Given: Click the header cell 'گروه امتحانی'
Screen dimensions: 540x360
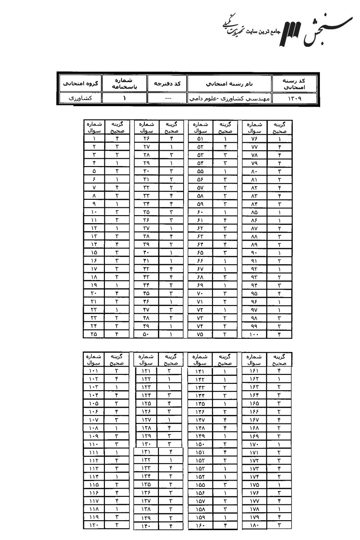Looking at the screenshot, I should (x=80, y=83).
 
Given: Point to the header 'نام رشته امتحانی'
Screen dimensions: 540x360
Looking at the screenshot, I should (x=229, y=83).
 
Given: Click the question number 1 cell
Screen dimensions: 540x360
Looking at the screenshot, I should (x=94, y=139).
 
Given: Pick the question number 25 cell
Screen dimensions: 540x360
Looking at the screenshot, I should (x=94, y=334).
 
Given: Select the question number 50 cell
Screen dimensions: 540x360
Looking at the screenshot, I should (x=148, y=334).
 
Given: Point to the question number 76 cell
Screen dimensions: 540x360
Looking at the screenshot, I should (x=255, y=139).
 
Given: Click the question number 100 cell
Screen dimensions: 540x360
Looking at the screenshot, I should (x=255, y=334).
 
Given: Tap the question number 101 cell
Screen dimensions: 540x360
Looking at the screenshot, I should (x=94, y=371).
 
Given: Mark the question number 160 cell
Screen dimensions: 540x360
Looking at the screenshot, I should (x=200, y=526).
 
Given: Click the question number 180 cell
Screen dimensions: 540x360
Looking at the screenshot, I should (x=255, y=526).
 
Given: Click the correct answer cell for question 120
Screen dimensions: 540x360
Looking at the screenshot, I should (x=117, y=526).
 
